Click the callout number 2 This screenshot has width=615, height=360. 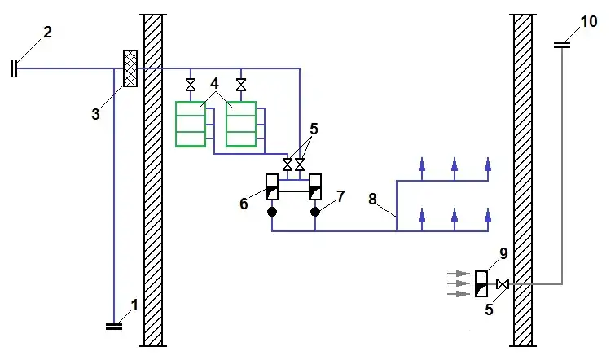point(47,33)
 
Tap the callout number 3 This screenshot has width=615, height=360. point(95,114)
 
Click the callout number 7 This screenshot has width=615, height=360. point(340,196)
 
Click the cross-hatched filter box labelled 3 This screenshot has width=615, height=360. point(129,68)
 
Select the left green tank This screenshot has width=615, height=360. point(190,124)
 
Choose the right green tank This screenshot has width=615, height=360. point(240,124)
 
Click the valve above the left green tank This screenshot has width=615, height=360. point(191,85)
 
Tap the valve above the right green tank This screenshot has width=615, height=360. point(241,85)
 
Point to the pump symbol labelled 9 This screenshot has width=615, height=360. point(481,283)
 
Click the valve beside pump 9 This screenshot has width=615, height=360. point(503,283)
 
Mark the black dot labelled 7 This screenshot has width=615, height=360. point(315,212)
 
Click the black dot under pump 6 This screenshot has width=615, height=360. point(271,212)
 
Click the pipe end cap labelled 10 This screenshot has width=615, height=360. point(562,45)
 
